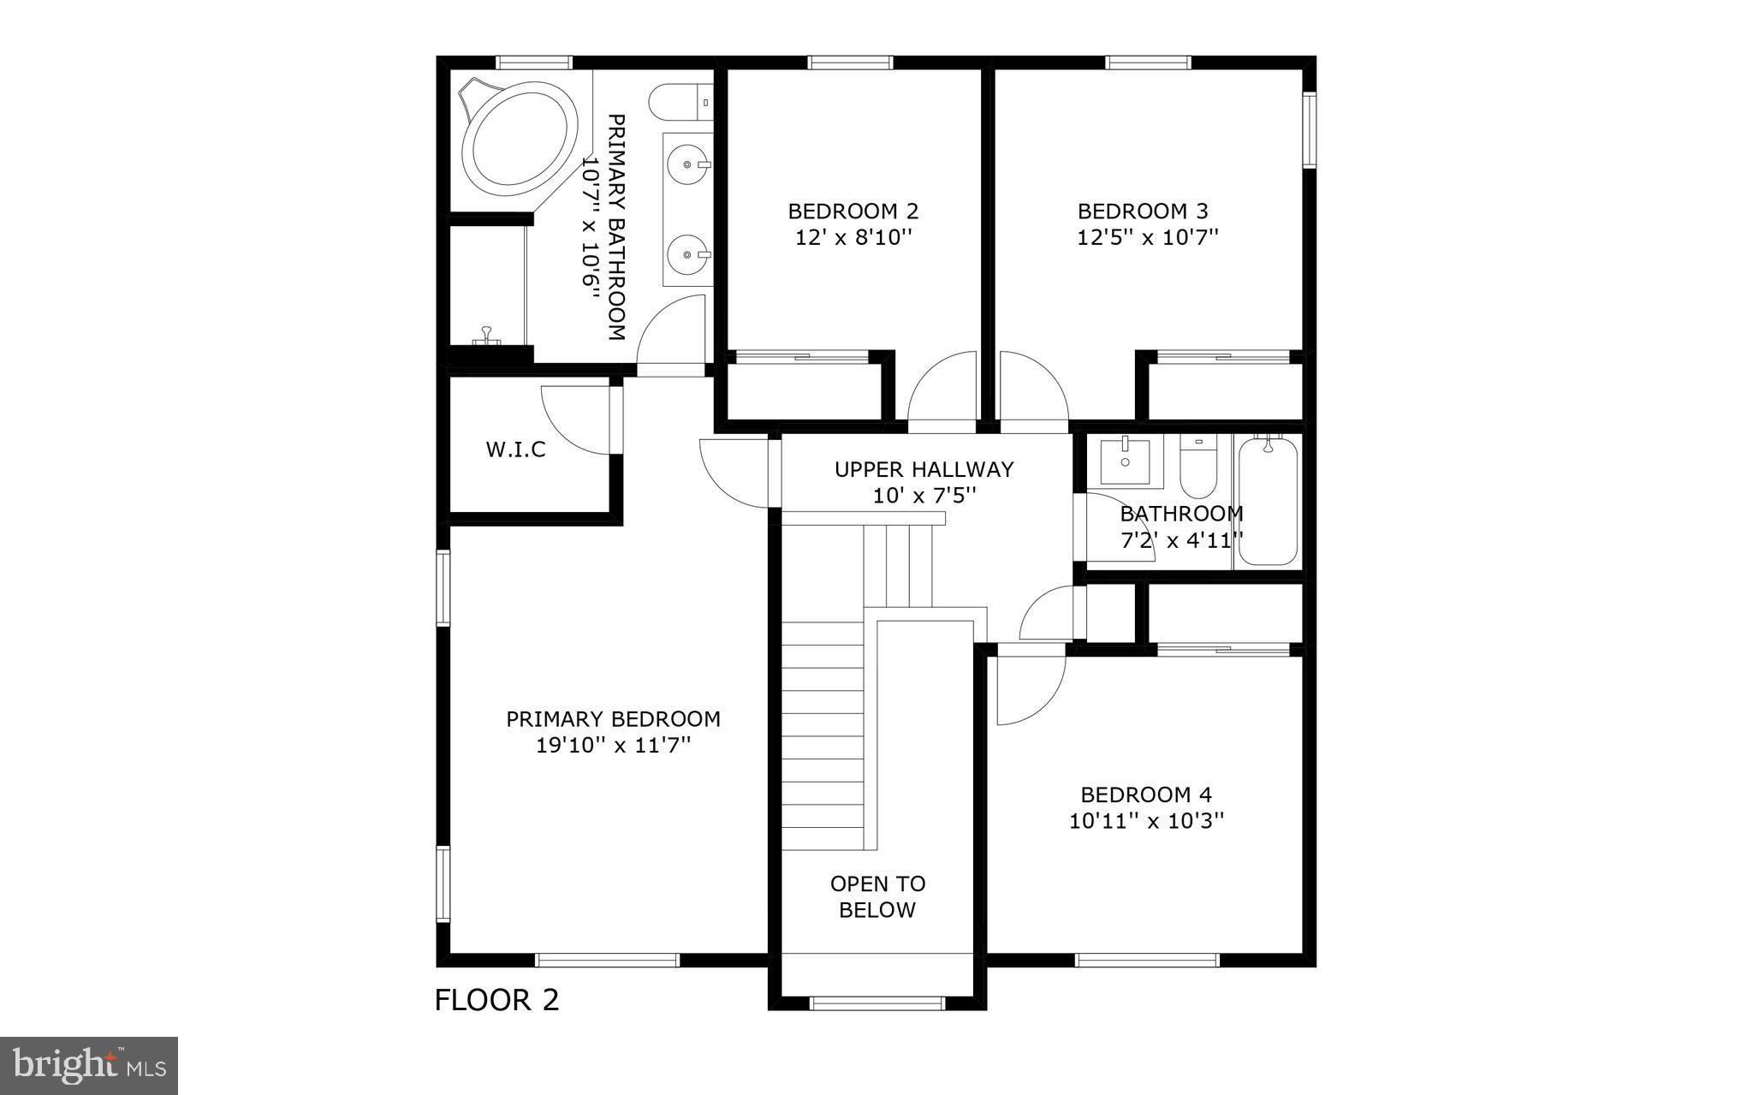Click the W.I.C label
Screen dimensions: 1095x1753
[515, 449]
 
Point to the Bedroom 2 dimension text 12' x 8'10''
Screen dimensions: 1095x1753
[853, 238]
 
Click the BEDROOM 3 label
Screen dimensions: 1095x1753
[1143, 211]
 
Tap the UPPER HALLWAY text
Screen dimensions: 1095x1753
[924, 469]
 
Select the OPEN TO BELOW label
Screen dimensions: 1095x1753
[877, 896]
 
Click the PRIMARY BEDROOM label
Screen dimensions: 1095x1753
[613, 719]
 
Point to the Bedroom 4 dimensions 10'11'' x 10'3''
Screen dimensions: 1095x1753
[1146, 821]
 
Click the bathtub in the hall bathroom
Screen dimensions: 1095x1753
[1268, 502]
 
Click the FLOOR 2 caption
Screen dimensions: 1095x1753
[496, 999]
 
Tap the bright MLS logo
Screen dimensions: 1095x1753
[89, 1065]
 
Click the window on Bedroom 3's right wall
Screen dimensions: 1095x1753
[1309, 130]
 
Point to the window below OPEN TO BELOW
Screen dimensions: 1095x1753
[876, 1003]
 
